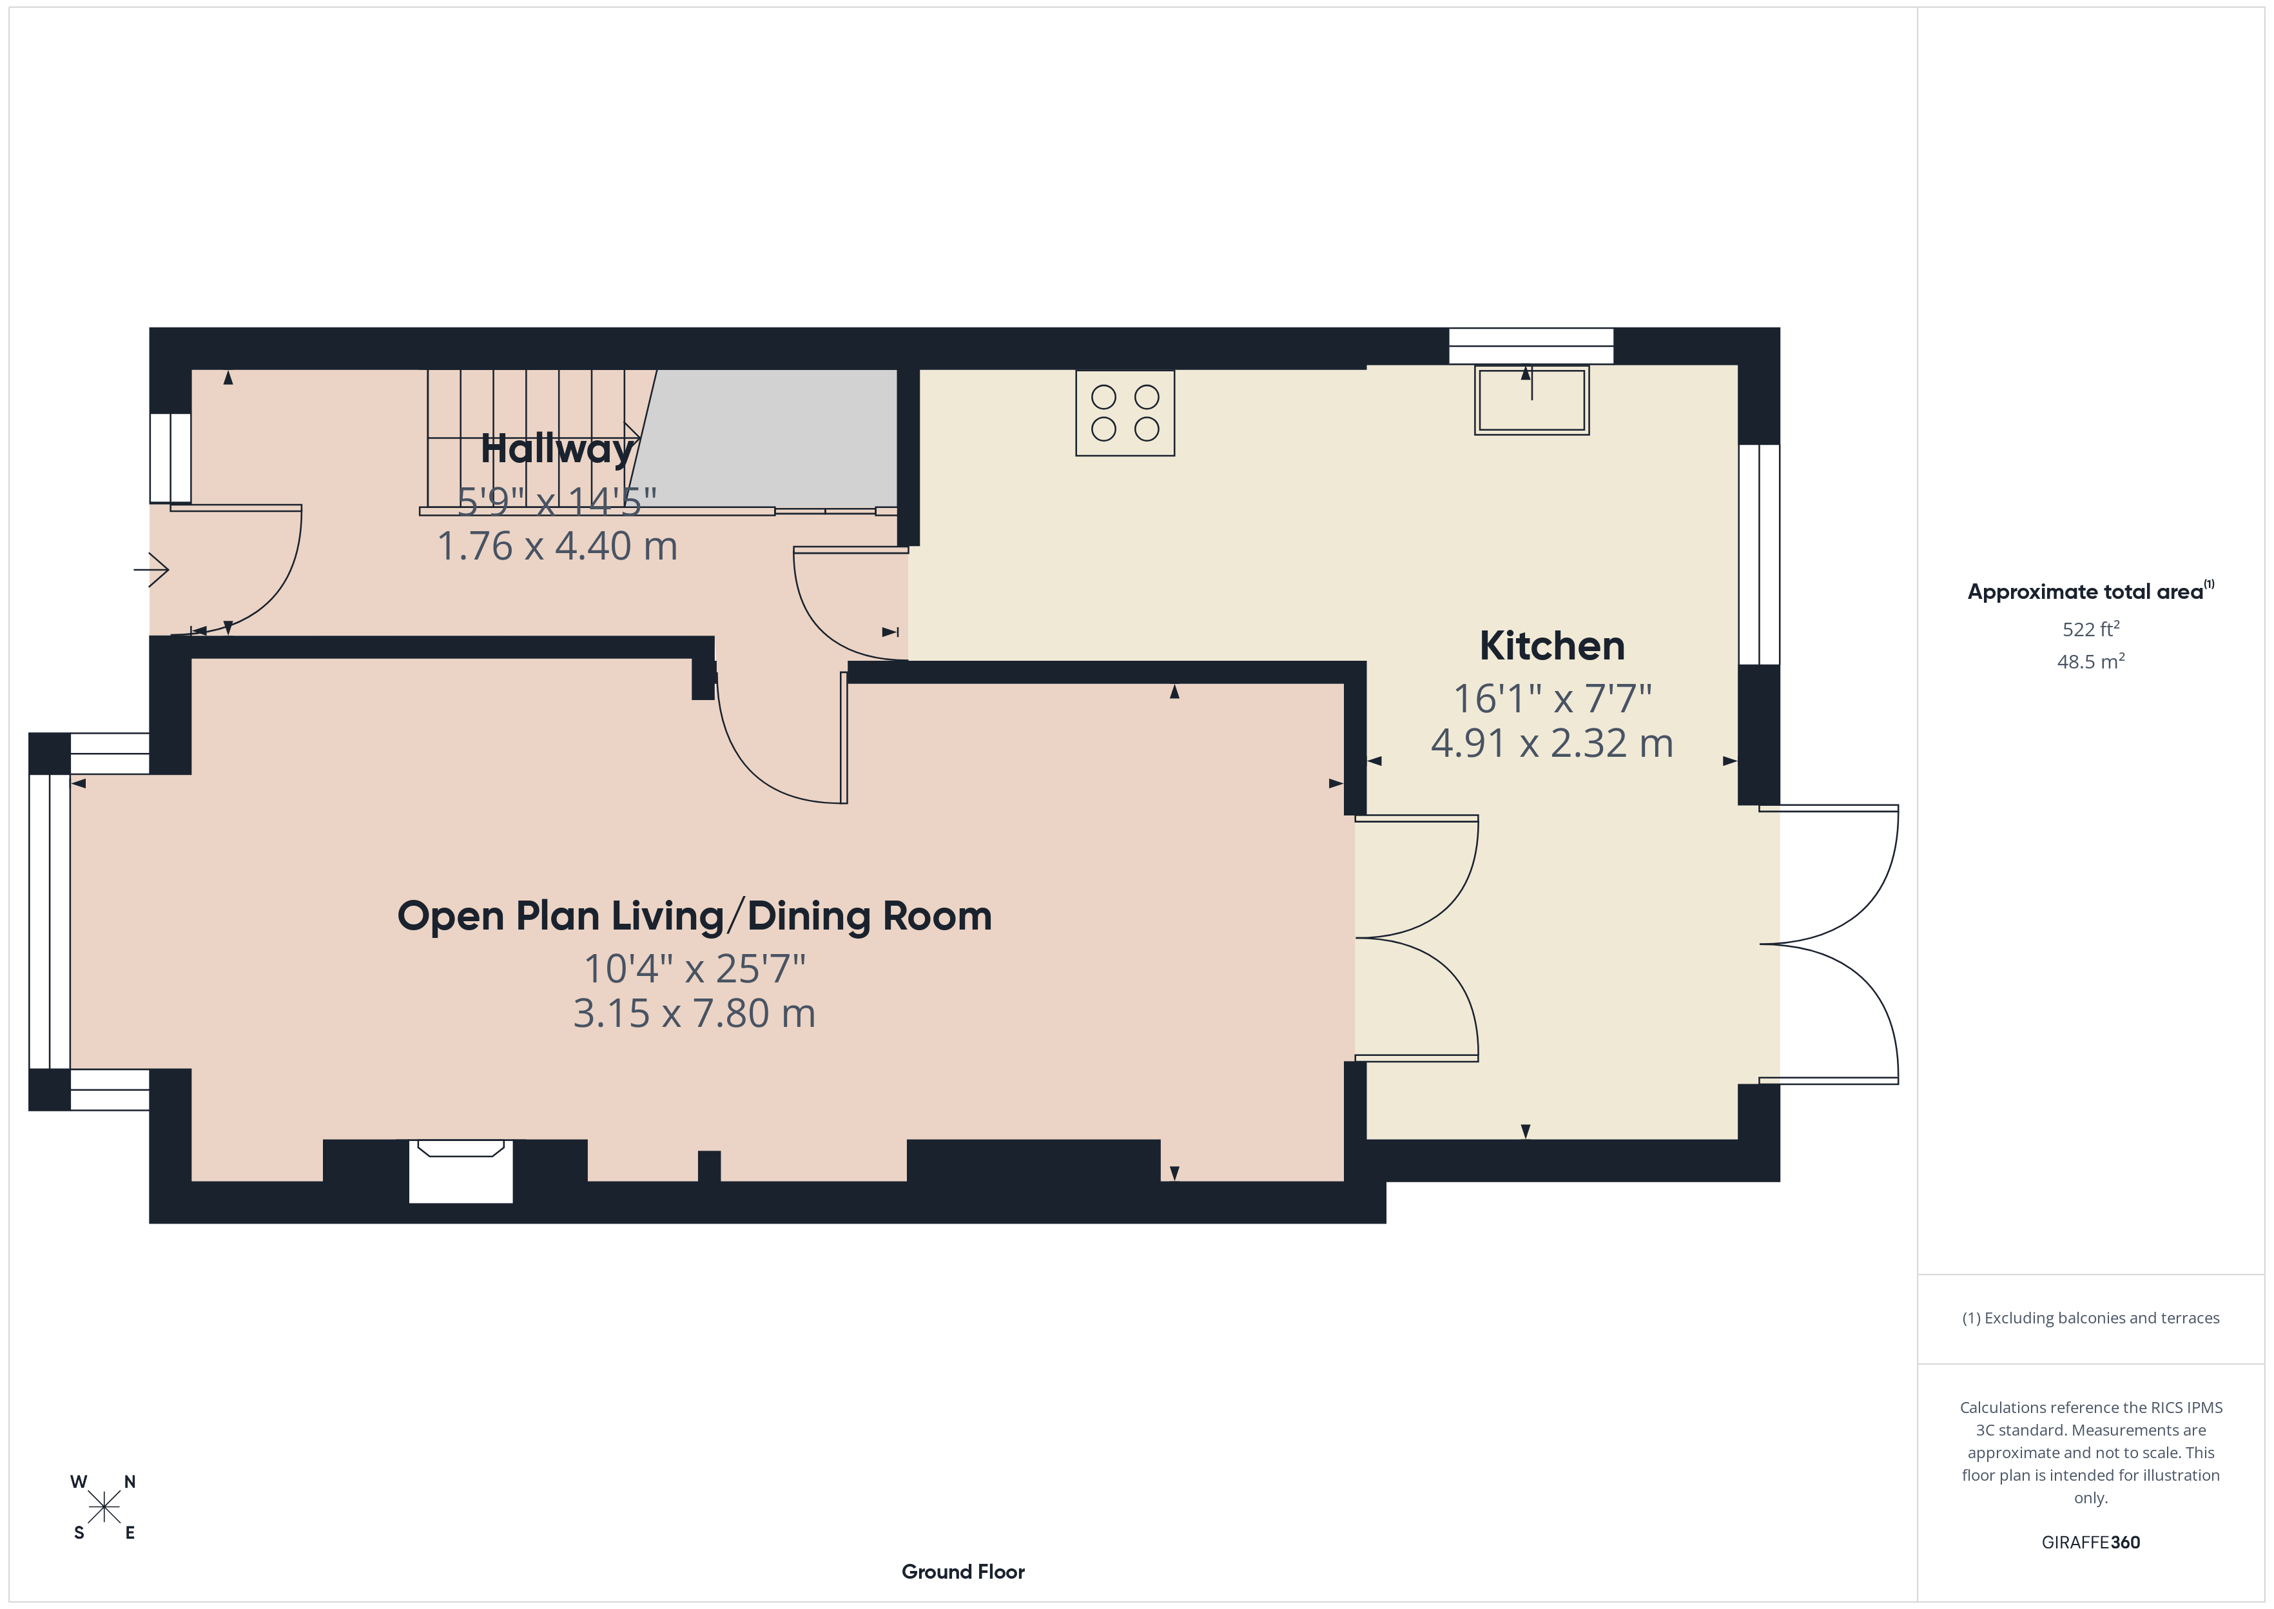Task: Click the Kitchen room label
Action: [1552, 646]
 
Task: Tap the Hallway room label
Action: [558, 449]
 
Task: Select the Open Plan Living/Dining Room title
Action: [694, 917]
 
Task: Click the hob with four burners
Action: [1125, 413]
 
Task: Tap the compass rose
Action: [104, 1508]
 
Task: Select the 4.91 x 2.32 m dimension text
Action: [1552, 743]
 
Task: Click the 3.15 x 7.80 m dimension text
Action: [694, 1013]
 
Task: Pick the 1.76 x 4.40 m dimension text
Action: [558, 546]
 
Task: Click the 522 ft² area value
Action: [2091, 629]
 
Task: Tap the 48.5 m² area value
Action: [2091, 661]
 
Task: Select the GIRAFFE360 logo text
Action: [2091, 1543]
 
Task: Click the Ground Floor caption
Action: [963, 1572]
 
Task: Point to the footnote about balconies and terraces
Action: [2091, 1318]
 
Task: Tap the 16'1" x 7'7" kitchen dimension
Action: [1552, 699]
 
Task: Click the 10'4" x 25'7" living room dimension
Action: [694, 968]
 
